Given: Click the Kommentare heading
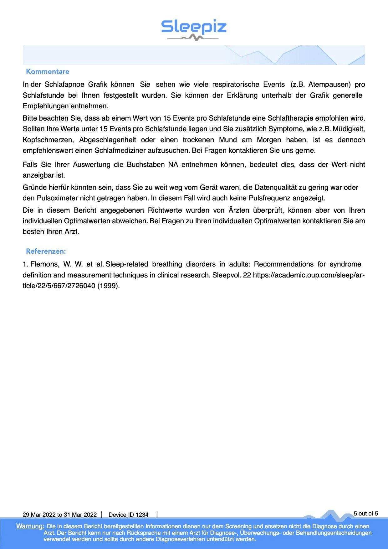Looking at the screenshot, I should pos(48,71).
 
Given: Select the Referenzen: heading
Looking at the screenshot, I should pos(46,251).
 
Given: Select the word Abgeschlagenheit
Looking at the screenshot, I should pos(108,140).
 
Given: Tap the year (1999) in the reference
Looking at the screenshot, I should pos(109,286).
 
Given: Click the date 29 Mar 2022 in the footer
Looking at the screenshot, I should pos(39,515).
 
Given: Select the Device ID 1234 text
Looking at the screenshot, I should pos(128,515).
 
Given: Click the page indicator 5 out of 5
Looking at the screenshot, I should pos(366,513).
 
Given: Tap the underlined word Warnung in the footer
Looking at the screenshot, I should pos(30,526).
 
